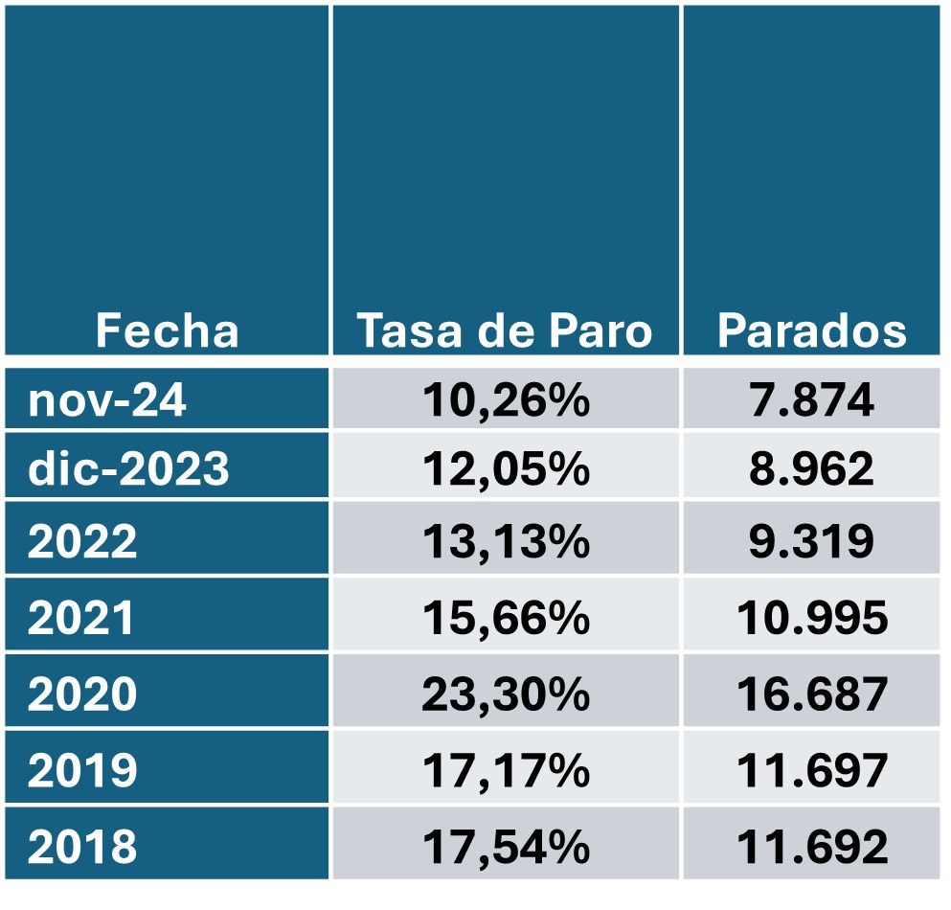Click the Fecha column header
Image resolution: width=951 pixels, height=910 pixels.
click(167, 331)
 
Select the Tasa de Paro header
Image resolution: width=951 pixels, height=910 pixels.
click(505, 331)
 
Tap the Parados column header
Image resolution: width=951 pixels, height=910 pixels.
click(811, 331)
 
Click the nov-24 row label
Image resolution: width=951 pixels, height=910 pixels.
click(107, 400)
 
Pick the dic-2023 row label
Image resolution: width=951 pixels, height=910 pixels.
click(128, 469)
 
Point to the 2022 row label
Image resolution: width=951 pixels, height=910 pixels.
click(82, 542)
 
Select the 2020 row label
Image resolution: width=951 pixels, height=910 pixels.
click(82, 694)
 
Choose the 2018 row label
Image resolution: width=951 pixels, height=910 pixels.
click(82, 847)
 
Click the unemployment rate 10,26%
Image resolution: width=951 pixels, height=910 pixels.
click(505, 400)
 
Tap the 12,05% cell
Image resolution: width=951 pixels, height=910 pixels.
click(505, 469)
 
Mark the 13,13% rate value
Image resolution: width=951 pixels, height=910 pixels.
click(505, 542)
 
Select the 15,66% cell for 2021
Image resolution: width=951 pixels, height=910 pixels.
click(505, 619)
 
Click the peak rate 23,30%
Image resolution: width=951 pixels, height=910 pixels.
click(505, 694)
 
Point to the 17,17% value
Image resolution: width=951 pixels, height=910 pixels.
click(505, 770)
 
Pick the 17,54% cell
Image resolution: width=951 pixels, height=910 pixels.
click(505, 847)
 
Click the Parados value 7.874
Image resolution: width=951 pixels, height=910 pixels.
click(811, 400)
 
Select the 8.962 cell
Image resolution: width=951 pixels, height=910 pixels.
click(811, 469)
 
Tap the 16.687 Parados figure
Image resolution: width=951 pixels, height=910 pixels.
click(811, 694)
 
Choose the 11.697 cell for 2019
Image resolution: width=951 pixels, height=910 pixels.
click(811, 770)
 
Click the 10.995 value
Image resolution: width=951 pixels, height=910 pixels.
click(811, 619)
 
